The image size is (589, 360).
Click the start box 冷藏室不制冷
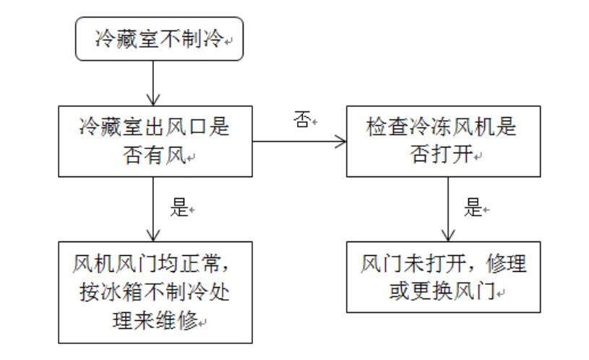[160, 42]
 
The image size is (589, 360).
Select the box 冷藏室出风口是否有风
[155, 142]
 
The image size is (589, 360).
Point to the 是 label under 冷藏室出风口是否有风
[179, 209]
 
